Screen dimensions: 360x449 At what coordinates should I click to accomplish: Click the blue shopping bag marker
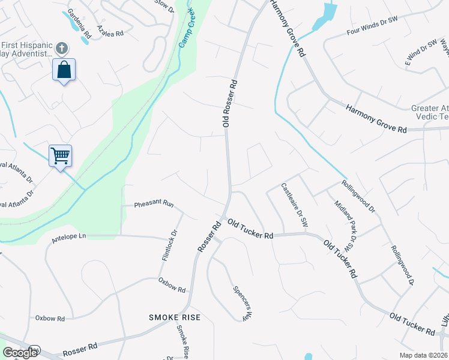64,70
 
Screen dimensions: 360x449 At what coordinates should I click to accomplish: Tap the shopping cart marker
60,156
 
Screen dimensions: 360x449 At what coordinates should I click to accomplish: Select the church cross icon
61,48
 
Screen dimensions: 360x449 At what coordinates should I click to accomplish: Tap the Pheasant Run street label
154,205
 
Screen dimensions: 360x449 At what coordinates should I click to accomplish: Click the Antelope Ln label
69,236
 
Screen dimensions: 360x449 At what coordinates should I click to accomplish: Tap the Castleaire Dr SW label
295,205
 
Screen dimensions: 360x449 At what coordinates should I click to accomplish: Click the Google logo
20,353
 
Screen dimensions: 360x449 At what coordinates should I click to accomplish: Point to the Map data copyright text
423,355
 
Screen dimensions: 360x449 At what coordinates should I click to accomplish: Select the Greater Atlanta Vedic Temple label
429,112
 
